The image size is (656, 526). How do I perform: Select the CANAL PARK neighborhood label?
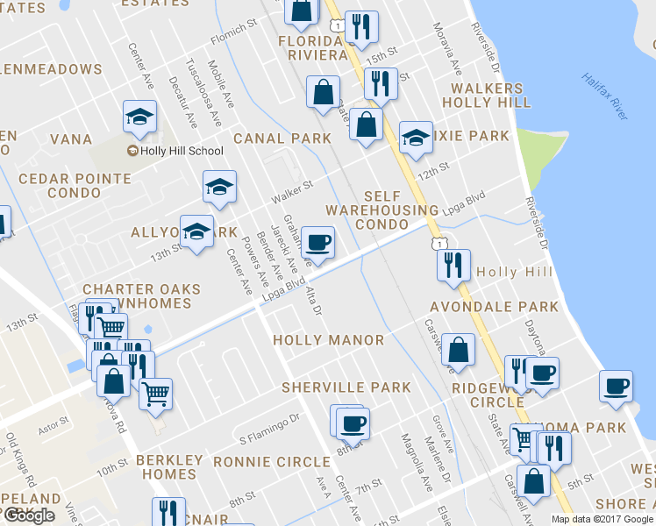[282, 139]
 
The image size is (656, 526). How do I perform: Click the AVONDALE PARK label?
[493, 307]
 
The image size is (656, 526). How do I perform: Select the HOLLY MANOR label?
[328, 339]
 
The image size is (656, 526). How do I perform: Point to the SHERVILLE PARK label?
[346, 387]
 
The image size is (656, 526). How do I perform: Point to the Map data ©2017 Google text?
[602, 519]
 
